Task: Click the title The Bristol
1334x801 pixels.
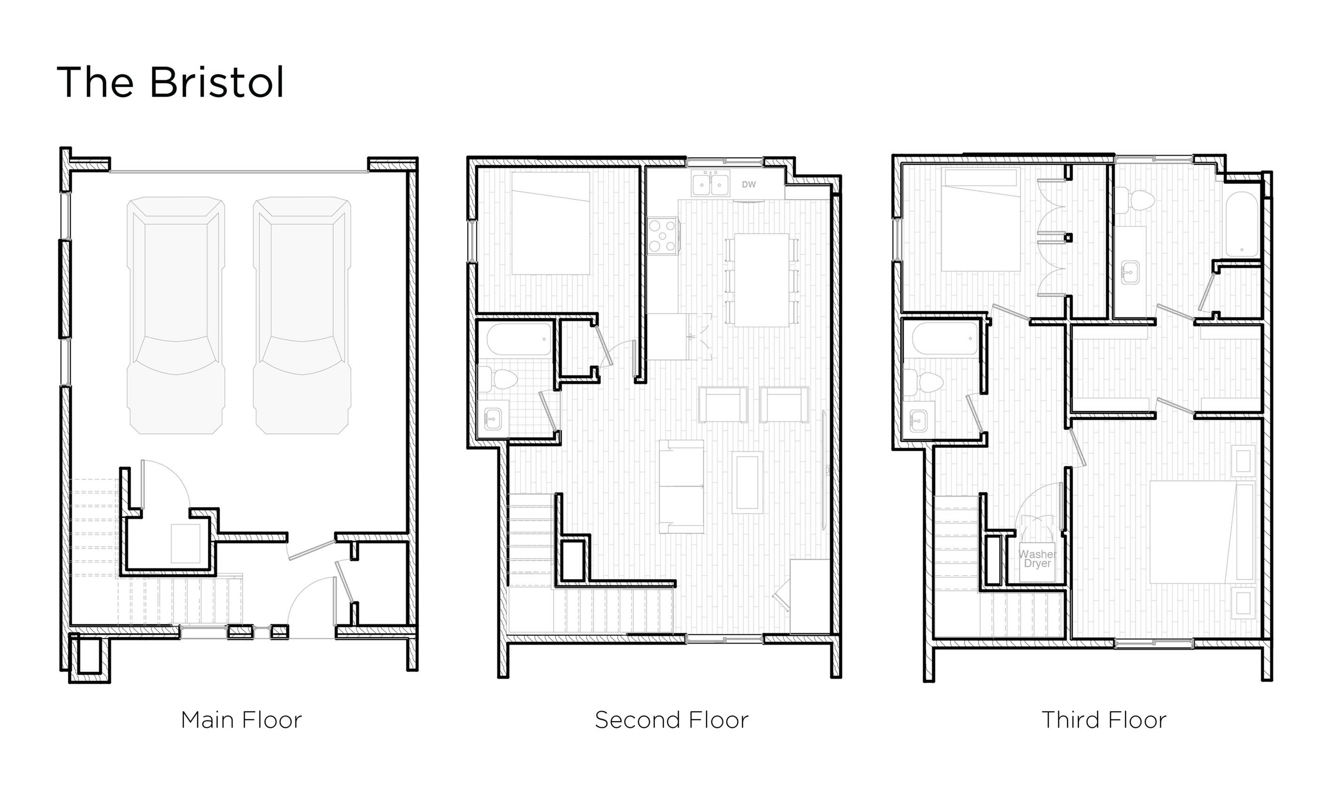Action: (x=170, y=82)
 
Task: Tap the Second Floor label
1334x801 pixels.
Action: (x=671, y=720)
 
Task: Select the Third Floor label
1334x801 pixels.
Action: (x=1103, y=720)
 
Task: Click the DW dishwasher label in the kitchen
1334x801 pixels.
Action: (x=748, y=185)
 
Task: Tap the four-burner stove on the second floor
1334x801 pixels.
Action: (x=662, y=235)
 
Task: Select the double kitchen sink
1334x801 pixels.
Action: (x=710, y=184)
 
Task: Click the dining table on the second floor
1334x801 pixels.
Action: (x=761, y=280)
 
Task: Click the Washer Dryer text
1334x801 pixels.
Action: (x=1037, y=559)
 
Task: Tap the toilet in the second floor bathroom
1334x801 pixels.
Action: (x=500, y=379)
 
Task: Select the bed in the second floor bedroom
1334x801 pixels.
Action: (x=551, y=223)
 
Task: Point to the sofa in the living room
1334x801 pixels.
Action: (x=681, y=486)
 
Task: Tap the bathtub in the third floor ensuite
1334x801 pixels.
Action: (x=1242, y=225)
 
